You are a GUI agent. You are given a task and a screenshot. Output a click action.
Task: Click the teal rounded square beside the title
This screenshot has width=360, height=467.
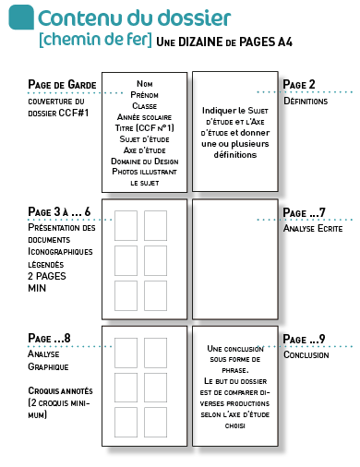pos(21,18)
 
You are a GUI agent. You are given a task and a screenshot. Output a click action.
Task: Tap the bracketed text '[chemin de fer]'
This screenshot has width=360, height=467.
pos(95,40)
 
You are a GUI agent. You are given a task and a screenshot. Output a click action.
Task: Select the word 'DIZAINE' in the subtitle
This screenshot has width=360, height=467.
pos(200,42)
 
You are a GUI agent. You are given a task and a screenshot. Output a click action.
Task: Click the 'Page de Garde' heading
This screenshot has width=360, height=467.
pos(62,85)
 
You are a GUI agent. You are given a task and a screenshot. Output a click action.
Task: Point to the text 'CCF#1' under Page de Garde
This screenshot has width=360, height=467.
pos(74,113)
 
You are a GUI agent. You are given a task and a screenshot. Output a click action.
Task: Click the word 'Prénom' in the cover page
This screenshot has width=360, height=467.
pos(144,95)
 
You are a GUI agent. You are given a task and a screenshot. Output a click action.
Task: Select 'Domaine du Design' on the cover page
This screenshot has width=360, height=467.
pos(145,162)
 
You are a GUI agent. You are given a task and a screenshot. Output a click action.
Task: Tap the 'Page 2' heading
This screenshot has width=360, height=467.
pos(299,84)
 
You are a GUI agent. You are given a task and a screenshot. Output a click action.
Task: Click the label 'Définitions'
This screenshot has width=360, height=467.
pos(306,101)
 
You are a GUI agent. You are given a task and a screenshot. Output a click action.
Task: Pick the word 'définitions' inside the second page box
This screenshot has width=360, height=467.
pos(235,154)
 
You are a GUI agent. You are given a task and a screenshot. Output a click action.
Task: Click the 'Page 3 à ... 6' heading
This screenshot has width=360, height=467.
pos(59,211)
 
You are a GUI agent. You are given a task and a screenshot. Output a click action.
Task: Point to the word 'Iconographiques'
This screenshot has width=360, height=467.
pos(60,251)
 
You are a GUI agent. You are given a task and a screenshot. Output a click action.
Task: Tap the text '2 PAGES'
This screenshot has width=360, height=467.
pos(47,276)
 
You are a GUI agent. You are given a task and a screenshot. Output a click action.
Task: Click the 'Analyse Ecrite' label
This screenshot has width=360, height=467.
pos(313,228)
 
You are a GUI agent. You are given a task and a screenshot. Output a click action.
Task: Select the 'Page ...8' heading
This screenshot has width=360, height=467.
pos(49,338)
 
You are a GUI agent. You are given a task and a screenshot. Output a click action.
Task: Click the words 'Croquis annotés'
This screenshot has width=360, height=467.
pos(60,390)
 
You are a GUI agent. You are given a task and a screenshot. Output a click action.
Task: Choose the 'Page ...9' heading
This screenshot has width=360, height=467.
pos(304,339)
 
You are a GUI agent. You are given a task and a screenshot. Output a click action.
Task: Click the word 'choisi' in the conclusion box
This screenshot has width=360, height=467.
pos(235,426)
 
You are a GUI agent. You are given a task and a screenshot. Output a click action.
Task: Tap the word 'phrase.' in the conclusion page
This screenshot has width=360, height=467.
pos(235,370)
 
